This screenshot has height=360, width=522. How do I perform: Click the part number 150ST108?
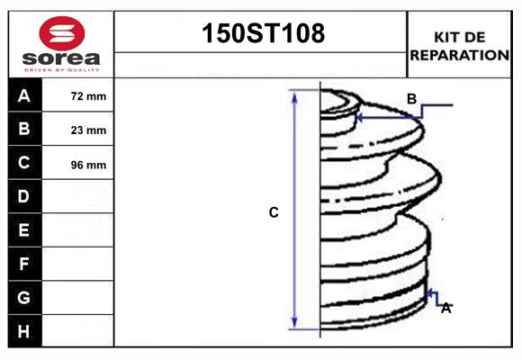[x=261, y=35]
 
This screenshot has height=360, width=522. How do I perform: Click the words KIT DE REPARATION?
[x=460, y=46]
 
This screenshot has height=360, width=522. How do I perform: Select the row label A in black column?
[x=24, y=96]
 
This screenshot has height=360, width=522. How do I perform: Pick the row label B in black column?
[x=24, y=130]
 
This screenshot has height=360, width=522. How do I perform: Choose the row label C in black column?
[x=24, y=163]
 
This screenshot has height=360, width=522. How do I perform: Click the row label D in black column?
[x=24, y=196]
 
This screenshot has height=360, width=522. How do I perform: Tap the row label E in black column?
[x=24, y=230]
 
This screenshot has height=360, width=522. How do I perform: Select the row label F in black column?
[x=24, y=264]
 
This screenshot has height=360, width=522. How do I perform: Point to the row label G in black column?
[x=24, y=297]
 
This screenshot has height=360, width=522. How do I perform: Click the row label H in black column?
[x=24, y=331]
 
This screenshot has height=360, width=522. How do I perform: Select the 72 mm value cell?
[x=88, y=96]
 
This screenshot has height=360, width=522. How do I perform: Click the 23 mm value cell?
[x=88, y=130]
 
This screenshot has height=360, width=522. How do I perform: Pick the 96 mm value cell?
[x=88, y=165]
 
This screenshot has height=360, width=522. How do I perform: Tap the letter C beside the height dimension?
[x=274, y=212]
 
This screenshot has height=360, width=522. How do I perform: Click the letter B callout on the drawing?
[x=411, y=99]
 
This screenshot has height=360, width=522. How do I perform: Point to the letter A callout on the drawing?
[x=445, y=308]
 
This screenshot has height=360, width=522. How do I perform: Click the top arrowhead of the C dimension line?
[x=294, y=95]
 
